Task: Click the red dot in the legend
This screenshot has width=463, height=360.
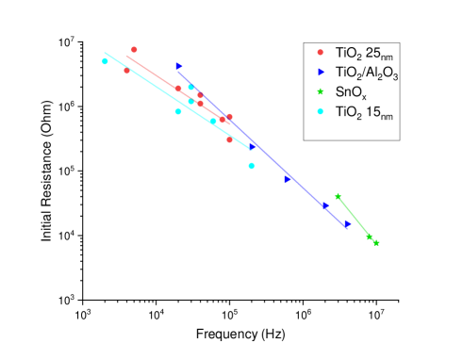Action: pos(321,52)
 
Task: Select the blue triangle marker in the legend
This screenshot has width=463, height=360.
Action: pos(321,72)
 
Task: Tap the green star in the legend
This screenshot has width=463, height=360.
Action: pos(321,91)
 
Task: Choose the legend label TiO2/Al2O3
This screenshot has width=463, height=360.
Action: pos(367,73)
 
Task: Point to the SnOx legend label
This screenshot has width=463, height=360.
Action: pos(352,92)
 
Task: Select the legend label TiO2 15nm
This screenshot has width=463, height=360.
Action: pos(363,112)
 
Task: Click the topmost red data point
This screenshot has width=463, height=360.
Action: pos(134,49)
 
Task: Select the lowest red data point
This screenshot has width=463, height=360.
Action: pos(229,140)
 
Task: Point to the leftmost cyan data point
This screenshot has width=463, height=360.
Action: pos(105,61)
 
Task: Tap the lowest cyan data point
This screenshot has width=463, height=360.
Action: pos(252,166)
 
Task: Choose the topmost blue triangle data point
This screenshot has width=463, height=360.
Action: pos(178,66)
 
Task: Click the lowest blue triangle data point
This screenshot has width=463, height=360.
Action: pos(347,224)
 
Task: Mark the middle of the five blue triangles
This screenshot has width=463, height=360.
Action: pos(288,178)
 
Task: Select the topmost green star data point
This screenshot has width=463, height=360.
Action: pos(338,196)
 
